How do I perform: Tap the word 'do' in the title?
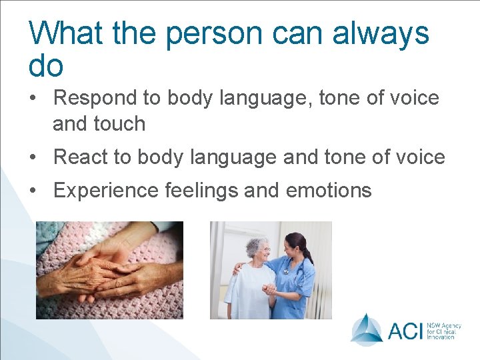pyautogui.click(x=46, y=65)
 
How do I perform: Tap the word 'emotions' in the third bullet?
pyautogui.click(x=329, y=190)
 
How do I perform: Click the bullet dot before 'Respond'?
pyautogui.click(x=33, y=99)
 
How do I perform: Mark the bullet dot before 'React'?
pyautogui.click(x=33, y=157)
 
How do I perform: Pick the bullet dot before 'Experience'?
pyautogui.click(x=33, y=191)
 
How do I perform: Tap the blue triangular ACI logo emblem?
pyautogui.click(x=367, y=329)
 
